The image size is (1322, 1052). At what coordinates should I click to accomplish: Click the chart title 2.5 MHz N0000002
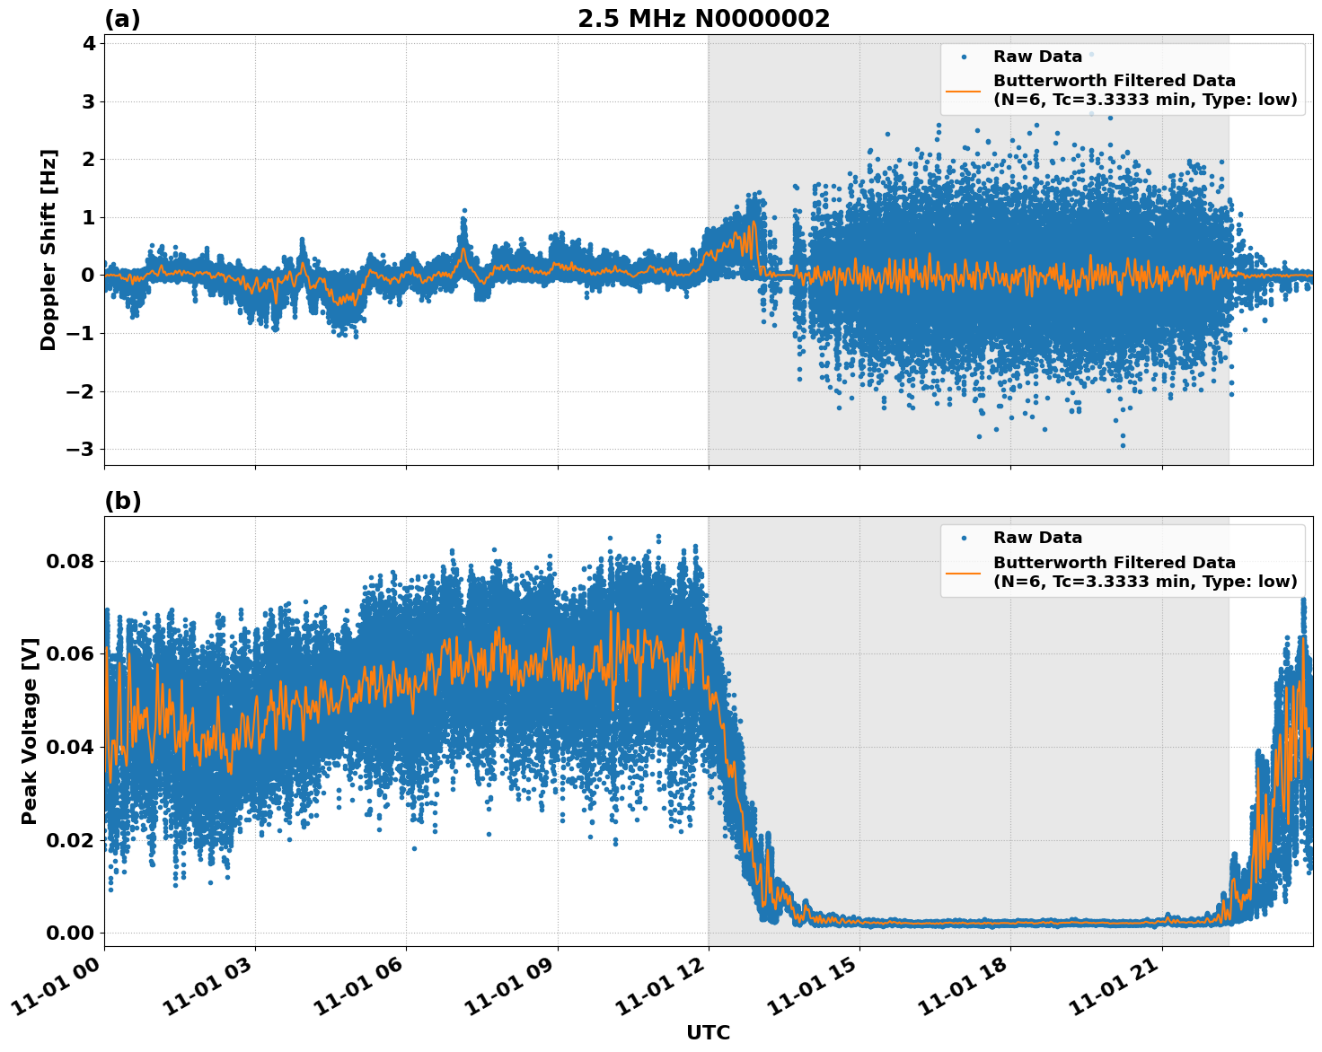point(703,19)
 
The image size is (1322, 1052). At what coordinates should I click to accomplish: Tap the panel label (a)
point(122,19)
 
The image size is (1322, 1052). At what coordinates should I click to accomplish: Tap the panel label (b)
point(122,501)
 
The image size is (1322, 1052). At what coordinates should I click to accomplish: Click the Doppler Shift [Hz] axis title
point(48,250)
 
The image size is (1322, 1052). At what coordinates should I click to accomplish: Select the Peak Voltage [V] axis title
point(30,731)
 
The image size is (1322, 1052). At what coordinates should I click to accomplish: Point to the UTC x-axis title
point(708,1032)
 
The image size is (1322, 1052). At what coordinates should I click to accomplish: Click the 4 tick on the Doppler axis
point(88,43)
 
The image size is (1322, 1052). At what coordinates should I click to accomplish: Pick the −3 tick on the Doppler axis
point(83,449)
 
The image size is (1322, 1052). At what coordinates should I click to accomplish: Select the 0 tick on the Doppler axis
point(88,276)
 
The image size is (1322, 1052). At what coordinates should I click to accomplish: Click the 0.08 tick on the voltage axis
point(71,561)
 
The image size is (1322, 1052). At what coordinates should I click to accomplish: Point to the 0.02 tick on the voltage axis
point(71,840)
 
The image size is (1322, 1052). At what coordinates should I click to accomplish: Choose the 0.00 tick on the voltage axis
point(71,933)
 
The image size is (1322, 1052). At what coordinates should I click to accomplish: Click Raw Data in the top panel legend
point(1037,57)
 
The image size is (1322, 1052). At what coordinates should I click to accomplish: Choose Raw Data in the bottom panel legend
point(1037,538)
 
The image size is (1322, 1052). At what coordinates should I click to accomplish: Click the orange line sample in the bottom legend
point(963,572)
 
